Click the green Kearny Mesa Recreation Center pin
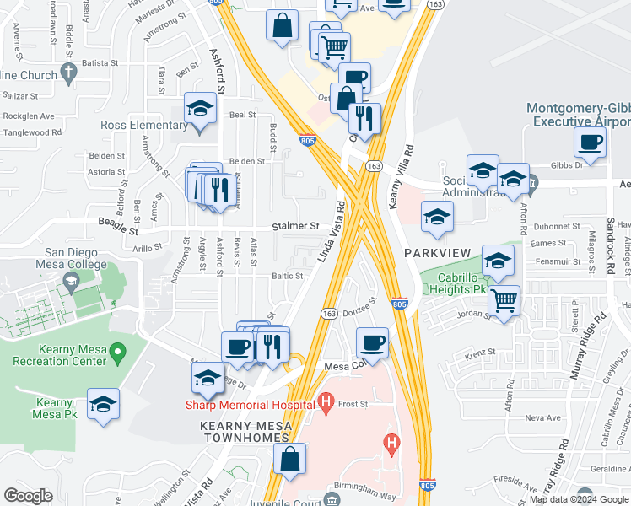coord(118,351)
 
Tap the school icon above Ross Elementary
coord(201,108)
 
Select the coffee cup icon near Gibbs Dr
coord(590,141)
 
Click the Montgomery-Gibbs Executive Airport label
coord(577,115)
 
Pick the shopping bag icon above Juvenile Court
coord(289,460)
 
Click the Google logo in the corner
coord(28,495)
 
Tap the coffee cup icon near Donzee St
coord(372,342)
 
